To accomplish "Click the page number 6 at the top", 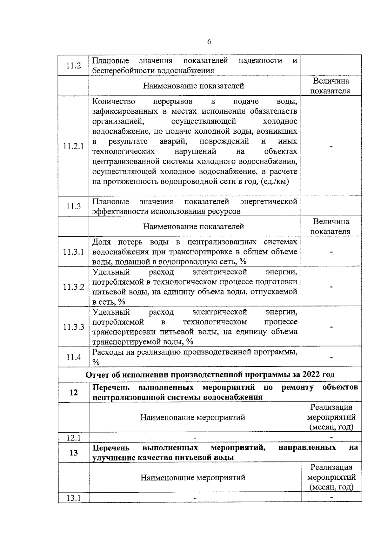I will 209,42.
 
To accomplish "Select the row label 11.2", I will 73,65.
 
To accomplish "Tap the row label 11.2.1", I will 73,146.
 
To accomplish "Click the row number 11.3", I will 73,206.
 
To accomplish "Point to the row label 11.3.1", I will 73,252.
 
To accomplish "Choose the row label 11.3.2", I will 73,287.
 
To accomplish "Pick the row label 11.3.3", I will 73,327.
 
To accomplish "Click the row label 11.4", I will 73,357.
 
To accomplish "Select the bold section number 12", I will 73,393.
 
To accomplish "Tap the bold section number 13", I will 73,453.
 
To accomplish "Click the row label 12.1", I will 73,438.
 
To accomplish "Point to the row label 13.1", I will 73,498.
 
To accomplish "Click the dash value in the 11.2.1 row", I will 331,147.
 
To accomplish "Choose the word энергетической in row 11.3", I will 269,202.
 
